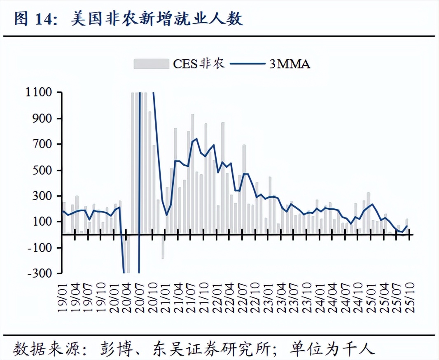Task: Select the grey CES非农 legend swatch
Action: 151,63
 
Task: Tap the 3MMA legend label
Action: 290,64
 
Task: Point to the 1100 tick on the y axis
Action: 40,93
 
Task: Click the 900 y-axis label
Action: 43,119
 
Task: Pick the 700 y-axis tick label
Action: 43,145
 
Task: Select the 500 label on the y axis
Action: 43,170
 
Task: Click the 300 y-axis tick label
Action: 43,196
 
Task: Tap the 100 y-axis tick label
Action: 43,222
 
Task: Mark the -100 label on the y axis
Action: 40,248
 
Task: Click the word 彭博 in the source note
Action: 118,349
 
